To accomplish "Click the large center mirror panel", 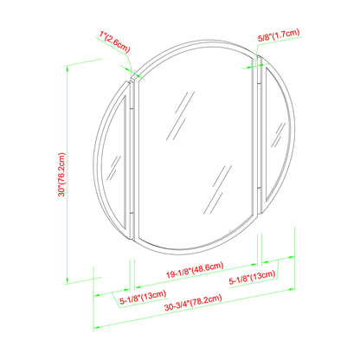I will point(195,147).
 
